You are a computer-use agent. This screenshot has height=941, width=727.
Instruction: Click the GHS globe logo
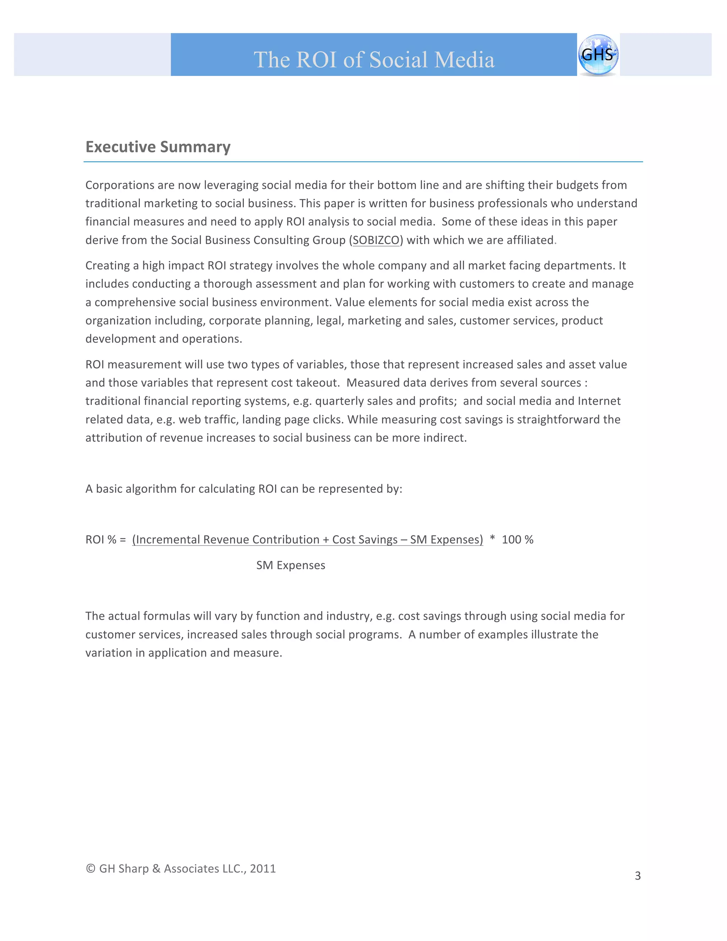598,55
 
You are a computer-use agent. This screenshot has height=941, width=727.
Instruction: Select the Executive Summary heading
158,147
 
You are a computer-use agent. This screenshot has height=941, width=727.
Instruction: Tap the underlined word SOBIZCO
376,240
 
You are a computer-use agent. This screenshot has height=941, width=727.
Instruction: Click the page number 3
638,876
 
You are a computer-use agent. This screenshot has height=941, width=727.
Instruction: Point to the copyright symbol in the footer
91,868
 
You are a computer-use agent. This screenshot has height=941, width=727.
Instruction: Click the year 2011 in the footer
263,868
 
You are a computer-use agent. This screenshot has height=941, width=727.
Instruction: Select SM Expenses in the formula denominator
291,565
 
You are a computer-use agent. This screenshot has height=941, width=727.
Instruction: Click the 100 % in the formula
517,539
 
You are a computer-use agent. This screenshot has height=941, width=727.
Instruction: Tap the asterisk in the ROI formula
492,539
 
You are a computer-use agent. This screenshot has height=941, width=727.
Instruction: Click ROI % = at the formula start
105,539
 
